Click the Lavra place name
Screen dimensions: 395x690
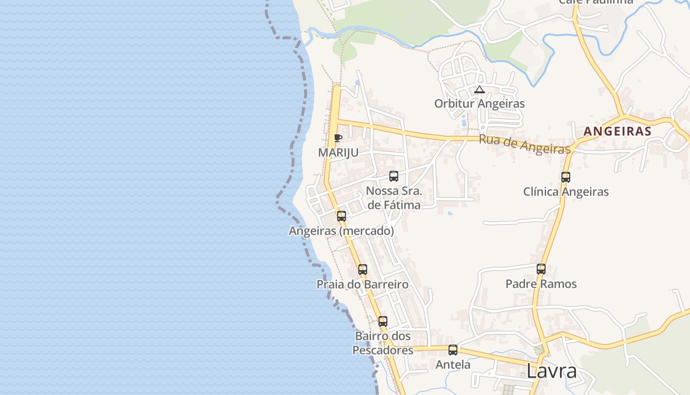click(x=552, y=371)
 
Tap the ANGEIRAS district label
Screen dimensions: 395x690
click(x=618, y=131)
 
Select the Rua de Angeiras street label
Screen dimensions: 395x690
click(x=524, y=145)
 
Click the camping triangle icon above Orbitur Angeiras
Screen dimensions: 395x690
click(x=479, y=90)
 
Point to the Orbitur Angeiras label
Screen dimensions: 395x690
click(x=479, y=104)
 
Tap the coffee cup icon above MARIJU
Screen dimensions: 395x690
click(x=338, y=138)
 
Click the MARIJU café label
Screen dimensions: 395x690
click(x=338, y=153)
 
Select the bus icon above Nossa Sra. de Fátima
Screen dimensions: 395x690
click(x=394, y=176)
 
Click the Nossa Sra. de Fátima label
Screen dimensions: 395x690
click(x=394, y=198)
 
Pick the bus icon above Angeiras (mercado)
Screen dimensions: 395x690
click(x=341, y=216)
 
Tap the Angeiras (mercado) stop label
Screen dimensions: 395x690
click(x=341, y=231)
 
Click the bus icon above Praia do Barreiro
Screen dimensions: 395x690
click(x=363, y=270)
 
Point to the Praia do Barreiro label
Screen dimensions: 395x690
click(x=363, y=284)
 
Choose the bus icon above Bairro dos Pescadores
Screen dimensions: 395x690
click(x=383, y=321)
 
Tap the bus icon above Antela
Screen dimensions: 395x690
click(x=453, y=350)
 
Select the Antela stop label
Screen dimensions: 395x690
click(x=453, y=365)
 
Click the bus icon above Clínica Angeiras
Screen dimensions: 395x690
click(x=566, y=177)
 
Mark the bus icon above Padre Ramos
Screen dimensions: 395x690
click(x=541, y=269)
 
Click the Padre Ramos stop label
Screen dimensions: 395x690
click(x=541, y=284)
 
